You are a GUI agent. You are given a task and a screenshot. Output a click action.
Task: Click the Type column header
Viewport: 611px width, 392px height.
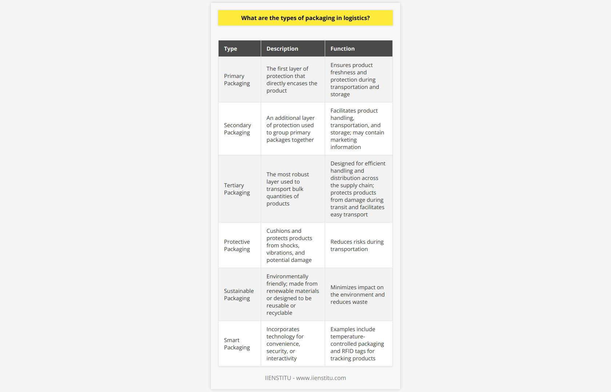click(x=231, y=49)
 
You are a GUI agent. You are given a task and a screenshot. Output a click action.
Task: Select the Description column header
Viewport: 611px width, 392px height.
click(x=282, y=49)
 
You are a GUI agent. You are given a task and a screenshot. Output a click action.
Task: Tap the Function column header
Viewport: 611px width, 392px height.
click(x=342, y=49)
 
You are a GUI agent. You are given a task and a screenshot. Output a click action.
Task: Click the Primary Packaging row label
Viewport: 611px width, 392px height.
click(x=237, y=80)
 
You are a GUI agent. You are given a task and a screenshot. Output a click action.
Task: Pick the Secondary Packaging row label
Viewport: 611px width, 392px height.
click(x=237, y=129)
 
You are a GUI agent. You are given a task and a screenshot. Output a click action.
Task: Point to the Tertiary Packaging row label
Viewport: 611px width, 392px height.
click(x=237, y=189)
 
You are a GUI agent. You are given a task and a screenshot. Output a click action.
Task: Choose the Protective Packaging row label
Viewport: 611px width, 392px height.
click(x=237, y=246)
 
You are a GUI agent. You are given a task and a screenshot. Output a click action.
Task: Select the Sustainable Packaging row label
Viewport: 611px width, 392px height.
click(x=239, y=295)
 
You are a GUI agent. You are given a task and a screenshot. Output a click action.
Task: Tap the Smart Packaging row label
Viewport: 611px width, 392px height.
click(x=237, y=344)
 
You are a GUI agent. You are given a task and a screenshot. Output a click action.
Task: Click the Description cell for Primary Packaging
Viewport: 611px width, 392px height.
click(x=292, y=80)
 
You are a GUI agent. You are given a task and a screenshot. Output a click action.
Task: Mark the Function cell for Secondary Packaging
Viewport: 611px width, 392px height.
click(x=357, y=129)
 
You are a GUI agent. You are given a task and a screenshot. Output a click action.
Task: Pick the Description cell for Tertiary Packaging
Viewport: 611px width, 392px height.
click(x=288, y=189)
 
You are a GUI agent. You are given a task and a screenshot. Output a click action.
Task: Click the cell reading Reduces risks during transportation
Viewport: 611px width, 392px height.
click(x=357, y=246)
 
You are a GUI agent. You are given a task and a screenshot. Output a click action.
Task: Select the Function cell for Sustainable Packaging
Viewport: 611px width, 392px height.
click(x=357, y=295)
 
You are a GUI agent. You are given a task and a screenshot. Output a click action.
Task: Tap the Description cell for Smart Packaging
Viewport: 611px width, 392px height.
click(x=285, y=344)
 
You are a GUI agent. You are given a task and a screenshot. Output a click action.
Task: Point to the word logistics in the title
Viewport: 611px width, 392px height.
click(x=355, y=18)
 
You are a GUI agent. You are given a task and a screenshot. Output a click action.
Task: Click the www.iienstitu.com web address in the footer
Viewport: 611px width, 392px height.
click(x=321, y=378)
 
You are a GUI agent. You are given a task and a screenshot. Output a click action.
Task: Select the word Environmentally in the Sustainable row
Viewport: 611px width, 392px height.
click(x=287, y=277)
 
